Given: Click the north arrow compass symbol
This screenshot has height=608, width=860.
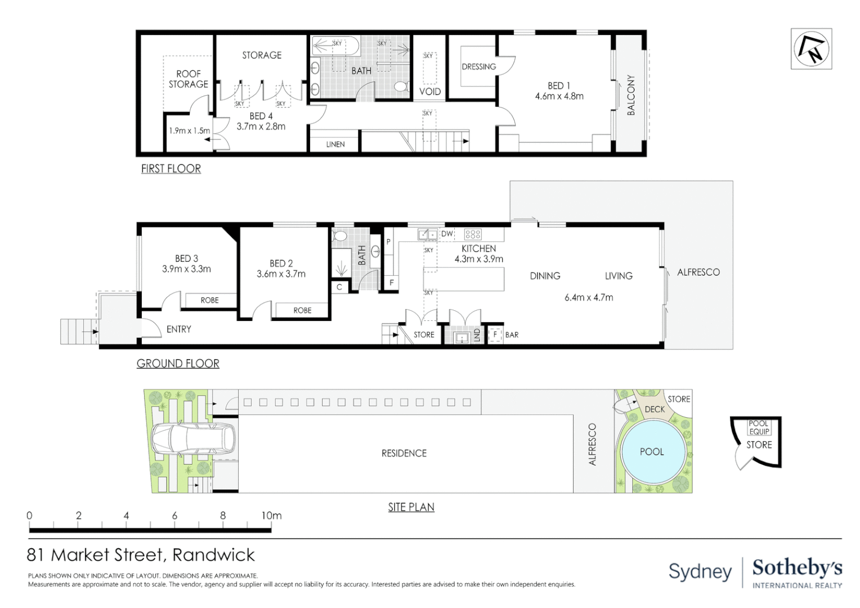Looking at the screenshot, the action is (811, 49).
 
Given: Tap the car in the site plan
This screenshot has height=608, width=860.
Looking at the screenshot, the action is (193, 439).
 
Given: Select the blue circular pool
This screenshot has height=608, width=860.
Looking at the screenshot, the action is (653, 452).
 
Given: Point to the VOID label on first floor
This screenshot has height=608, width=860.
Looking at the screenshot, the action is (430, 91).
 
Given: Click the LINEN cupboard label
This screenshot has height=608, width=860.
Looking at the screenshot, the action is (335, 145).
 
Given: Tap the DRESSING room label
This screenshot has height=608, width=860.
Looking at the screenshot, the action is (479, 66).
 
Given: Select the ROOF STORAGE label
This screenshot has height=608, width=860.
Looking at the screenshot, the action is (189, 79).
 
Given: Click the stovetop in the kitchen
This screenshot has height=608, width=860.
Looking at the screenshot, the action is (473, 234).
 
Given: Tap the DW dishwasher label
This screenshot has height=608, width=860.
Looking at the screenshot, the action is (447, 234).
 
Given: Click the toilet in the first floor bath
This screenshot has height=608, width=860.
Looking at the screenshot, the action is (401, 87).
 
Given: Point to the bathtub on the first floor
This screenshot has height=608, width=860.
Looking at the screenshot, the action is (335, 46).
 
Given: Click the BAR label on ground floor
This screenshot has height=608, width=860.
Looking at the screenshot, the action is (512, 335).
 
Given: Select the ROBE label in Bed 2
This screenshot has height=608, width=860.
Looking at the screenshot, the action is (302, 310).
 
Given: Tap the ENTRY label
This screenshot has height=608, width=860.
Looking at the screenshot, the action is (178, 329).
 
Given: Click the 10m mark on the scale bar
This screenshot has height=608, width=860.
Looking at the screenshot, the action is (271, 516).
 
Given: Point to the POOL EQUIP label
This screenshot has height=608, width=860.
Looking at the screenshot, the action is (759, 427).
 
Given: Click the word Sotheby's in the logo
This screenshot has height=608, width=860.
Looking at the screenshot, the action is (798, 569).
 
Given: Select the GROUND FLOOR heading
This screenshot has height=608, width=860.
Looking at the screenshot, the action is (178, 363).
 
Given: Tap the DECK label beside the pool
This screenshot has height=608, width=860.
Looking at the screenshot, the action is (655, 409).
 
